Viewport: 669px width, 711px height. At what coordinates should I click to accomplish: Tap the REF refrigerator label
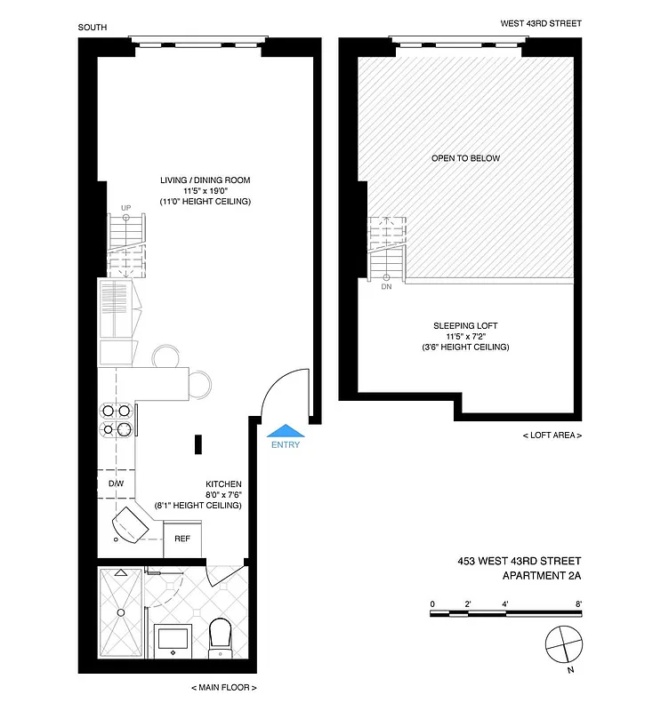click(x=181, y=539)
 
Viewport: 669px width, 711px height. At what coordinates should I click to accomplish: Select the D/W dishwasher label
click(x=116, y=483)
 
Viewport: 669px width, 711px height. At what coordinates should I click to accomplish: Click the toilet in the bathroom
click(x=219, y=638)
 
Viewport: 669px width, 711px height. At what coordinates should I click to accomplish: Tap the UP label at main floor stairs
click(x=125, y=208)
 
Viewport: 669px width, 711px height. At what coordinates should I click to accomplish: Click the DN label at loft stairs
click(x=386, y=287)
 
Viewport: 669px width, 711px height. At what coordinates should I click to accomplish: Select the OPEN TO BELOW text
click(x=465, y=158)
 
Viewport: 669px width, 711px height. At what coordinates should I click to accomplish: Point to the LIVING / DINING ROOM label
click(x=206, y=180)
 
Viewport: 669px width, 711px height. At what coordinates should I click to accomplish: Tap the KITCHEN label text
click(x=223, y=484)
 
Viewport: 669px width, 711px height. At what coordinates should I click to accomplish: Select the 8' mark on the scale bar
click(x=579, y=603)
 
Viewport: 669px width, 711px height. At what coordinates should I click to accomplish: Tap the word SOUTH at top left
click(x=93, y=27)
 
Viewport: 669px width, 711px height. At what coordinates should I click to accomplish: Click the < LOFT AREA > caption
click(x=552, y=435)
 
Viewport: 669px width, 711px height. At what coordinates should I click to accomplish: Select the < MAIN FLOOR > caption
click(x=223, y=688)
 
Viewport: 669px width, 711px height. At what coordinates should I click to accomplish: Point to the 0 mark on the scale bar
click(x=432, y=603)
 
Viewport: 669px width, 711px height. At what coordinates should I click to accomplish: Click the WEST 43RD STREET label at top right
click(x=540, y=24)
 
